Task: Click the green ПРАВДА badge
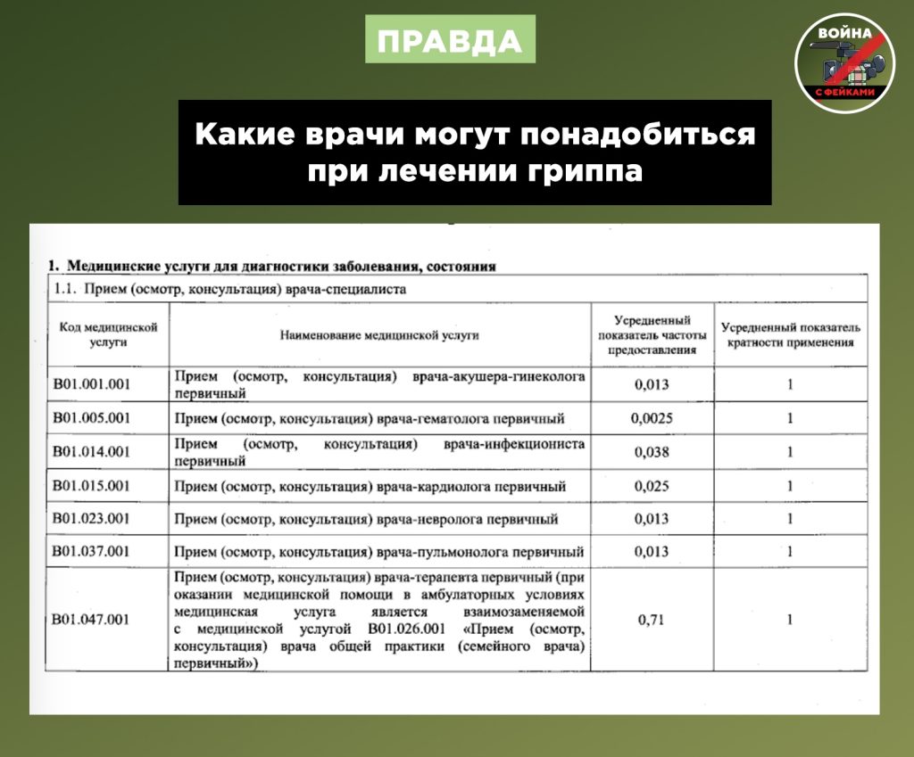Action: tap(450, 41)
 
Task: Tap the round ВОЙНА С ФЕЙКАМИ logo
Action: tap(844, 62)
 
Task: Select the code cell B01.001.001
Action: tap(92, 385)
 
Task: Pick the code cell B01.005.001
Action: tap(92, 418)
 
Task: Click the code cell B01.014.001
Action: tap(92, 452)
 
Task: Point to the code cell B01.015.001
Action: tap(92, 486)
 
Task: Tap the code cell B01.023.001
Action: tap(92, 519)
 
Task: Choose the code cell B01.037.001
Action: tap(92, 552)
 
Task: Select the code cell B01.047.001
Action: tap(92, 620)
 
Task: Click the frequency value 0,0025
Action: tap(652, 418)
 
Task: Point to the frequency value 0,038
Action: tap(652, 452)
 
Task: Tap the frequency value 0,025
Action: tap(652, 486)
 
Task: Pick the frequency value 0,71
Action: tap(652, 620)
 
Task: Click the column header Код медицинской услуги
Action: tap(109, 334)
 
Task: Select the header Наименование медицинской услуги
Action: tap(379, 335)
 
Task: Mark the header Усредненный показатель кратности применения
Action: tap(790, 334)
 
